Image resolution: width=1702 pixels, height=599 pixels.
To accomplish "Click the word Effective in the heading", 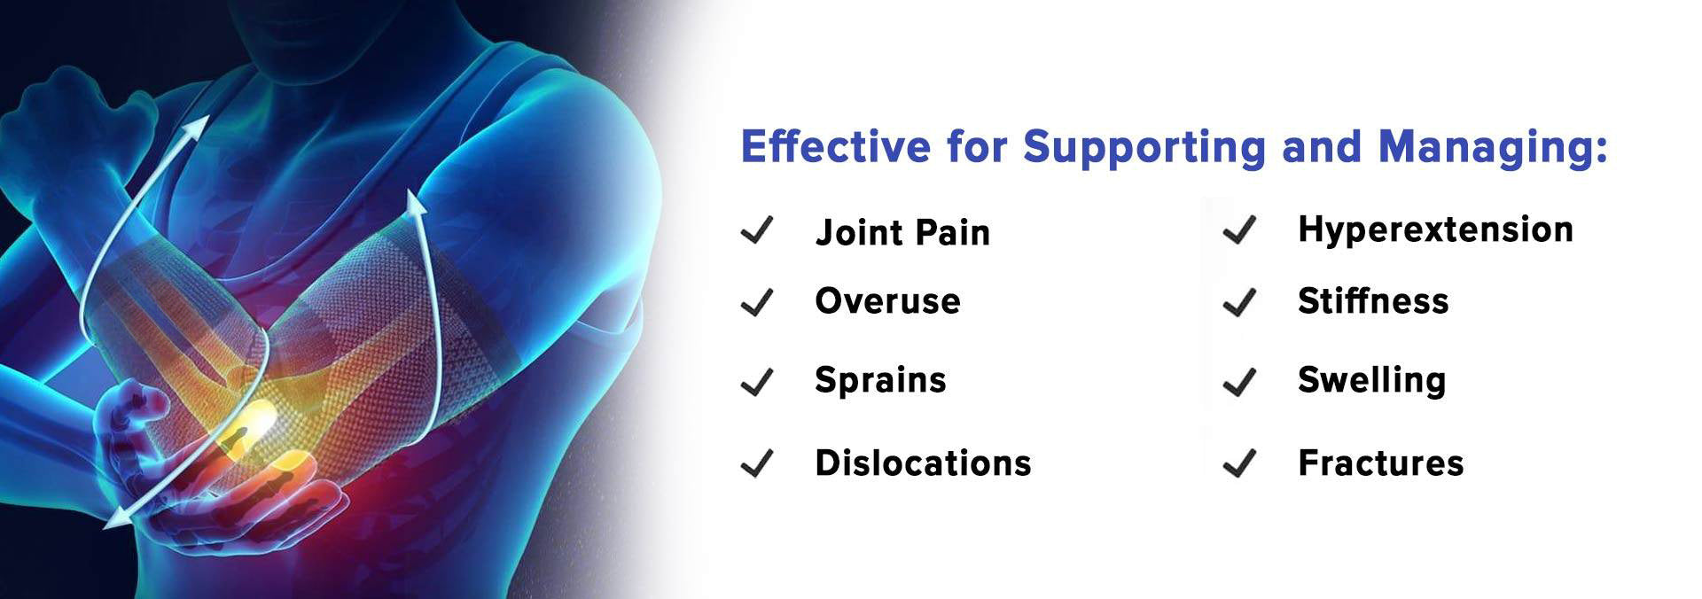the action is [x=836, y=146].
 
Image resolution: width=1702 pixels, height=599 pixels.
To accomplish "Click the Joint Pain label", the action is [x=902, y=232].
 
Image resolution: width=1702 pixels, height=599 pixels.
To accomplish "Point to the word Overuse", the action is [x=887, y=301].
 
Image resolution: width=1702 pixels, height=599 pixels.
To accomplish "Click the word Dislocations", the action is [x=923, y=463].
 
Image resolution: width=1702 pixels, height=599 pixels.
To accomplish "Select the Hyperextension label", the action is [x=1435, y=229].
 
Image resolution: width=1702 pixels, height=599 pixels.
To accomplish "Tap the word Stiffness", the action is [x=1373, y=300].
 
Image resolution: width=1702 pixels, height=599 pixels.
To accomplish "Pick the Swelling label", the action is [x=1371, y=381].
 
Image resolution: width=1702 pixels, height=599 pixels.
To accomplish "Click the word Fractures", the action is [x=1380, y=463].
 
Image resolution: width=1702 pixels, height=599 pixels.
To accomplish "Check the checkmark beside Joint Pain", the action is [x=758, y=230].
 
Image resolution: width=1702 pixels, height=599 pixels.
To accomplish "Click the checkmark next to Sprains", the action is [x=758, y=382].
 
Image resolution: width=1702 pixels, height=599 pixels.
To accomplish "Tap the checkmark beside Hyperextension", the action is [x=1240, y=229].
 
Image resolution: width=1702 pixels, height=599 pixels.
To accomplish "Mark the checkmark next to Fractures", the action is [x=1240, y=463].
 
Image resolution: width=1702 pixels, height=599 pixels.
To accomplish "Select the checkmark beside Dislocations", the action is [x=758, y=463].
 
